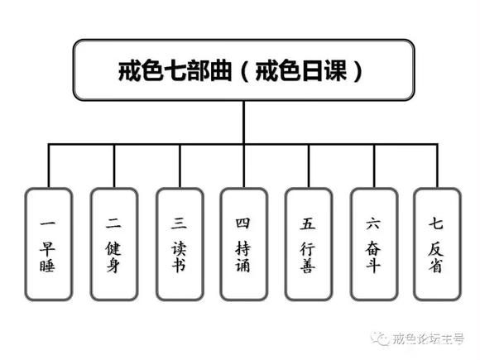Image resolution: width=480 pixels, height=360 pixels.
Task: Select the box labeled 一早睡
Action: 48,244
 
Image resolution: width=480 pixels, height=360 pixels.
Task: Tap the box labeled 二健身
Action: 113,244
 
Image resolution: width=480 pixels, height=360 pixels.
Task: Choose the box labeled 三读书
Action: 178,244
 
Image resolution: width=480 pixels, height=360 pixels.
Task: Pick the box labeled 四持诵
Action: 243,244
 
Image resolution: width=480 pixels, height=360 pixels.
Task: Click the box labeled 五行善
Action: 308,244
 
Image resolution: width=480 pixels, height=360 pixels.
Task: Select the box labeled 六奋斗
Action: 373,244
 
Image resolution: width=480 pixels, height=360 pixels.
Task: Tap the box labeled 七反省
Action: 436,244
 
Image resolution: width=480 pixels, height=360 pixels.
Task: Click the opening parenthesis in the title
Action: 244,70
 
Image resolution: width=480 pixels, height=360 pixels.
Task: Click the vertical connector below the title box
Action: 243,121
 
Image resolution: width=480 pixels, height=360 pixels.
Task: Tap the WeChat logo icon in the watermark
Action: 382,338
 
